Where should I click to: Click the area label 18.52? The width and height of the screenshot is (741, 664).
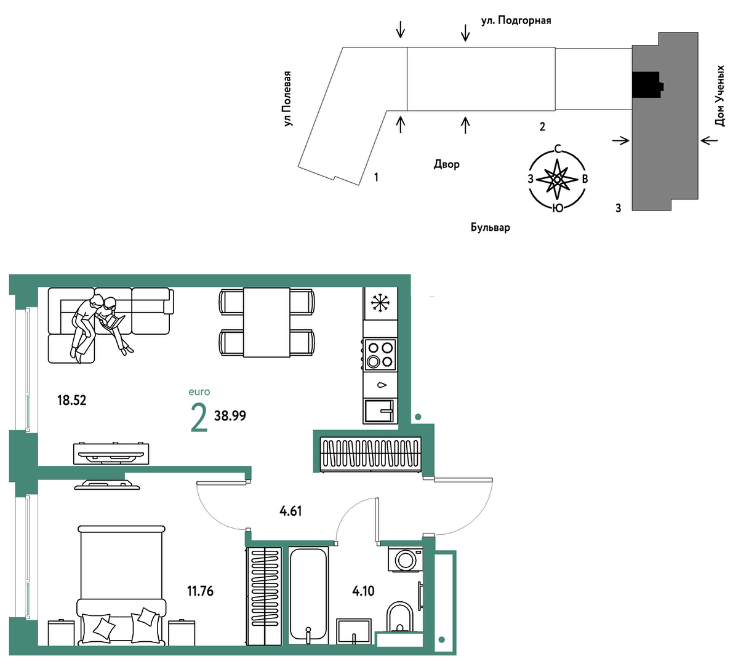coord(71,400)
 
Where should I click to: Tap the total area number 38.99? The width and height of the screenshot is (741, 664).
coord(230,415)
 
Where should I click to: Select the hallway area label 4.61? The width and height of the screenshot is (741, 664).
coord(290,511)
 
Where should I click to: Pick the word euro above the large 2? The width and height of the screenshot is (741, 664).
coord(199,392)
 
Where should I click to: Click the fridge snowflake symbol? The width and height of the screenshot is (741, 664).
coord(380,303)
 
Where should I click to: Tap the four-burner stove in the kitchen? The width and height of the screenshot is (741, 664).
coord(380,354)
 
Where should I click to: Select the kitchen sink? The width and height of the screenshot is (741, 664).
coord(380,411)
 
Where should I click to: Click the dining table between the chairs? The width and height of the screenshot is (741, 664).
coord(266,322)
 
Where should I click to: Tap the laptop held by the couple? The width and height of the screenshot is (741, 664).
coord(113,322)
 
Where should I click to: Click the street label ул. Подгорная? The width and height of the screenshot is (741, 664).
coord(516,20)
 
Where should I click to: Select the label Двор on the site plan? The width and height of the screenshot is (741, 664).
coord(446,164)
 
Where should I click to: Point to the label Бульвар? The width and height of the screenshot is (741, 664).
coord(490,228)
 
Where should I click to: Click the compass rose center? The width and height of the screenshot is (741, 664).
coord(556,179)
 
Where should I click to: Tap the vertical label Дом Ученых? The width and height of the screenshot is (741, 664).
coord(720,96)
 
